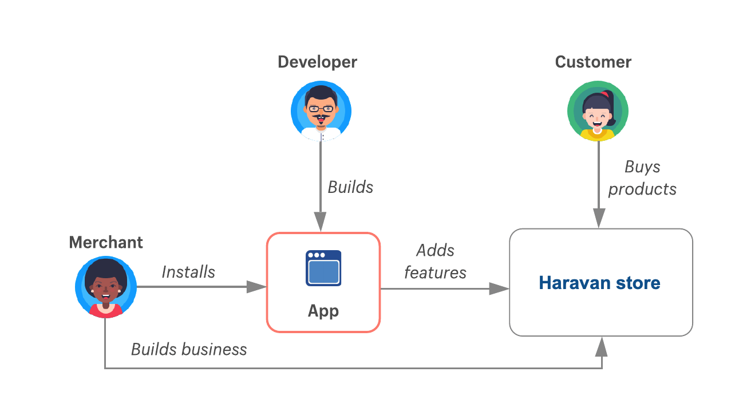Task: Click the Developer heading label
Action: click(317, 62)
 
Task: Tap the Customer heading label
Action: click(593, 62)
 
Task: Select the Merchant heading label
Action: click(106, 242)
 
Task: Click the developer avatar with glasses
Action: click(321, 110)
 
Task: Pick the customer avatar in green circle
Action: click(598, 111)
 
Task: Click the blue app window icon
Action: click(323, 268)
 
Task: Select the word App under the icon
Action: click(323, 311)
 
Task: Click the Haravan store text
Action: click(599, 283)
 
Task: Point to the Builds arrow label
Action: click(350, 187)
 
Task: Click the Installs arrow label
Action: click(188, 272)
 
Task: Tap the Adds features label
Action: click(435, 262)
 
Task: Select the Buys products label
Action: click(642, 178)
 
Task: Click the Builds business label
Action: click(189, 349)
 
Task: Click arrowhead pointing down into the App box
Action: click(320, 222)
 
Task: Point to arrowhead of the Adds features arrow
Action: click(499, 289)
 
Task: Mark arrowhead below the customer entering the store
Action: click(599, 218)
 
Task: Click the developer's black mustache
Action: click(321, 119)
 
